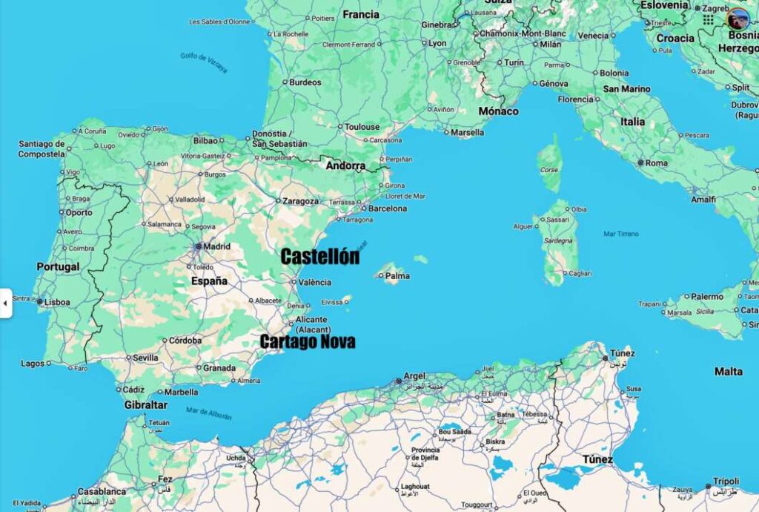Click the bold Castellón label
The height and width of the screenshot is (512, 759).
[319, 257]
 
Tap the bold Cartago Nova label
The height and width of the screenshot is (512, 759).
[308, 341]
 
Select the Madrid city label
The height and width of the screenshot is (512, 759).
[216, 246]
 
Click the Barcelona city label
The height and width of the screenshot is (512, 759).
[388, 209]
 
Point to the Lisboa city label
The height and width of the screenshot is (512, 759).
[57, 302]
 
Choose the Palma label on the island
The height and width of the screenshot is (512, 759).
[398, 276]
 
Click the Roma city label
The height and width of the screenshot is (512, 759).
[657, 163]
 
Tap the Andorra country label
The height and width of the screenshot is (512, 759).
[345, 166]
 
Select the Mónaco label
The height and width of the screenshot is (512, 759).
[498, 111]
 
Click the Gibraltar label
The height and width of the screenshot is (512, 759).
[145, 405]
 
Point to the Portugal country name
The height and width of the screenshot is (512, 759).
[58, 267]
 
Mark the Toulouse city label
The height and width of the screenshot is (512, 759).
[362, 127]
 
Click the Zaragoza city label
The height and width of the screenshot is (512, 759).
[300, 200]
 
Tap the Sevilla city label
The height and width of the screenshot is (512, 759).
[146, 358]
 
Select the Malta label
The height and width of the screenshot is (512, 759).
[728, 371]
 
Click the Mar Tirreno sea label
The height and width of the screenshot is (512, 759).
[621, 234]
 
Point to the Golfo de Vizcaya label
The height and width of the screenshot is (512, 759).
[204, 62]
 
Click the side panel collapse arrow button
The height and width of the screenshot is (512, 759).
[5, 303]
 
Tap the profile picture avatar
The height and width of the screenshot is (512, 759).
[738, 19]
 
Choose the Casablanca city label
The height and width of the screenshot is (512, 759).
[102, 491]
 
